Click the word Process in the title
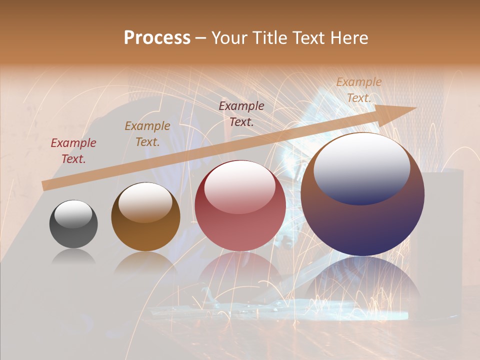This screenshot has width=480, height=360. point(157,37)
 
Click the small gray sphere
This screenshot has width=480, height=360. point(73,224)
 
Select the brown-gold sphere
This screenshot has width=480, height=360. point(145,217)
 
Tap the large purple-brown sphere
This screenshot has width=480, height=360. point(362,195)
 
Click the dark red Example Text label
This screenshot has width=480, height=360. point(73,151)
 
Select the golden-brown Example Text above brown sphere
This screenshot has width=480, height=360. point(147,134)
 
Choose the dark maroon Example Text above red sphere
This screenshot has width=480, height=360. point(241,113)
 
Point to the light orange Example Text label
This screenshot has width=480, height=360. point(359,90)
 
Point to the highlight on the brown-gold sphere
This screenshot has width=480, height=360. point(145,202)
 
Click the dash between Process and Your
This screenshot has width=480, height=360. point(201,38)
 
